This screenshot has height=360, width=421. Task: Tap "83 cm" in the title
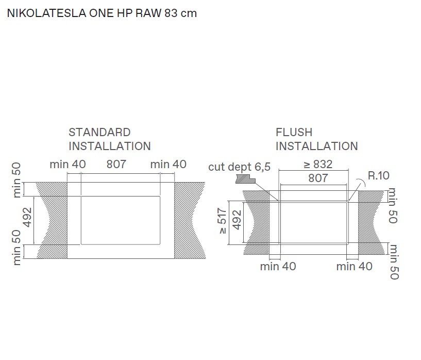[x=180, y=13]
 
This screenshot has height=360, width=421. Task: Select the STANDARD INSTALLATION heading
[x=109, y=139]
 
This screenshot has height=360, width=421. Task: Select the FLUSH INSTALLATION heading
[x=316, y=139]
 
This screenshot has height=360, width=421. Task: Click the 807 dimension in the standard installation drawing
[x=116, y=165]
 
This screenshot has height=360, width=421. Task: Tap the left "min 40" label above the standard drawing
[x=68, y=165]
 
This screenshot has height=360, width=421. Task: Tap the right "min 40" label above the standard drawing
[x=168, y=165]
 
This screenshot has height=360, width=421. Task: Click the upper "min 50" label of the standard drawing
[x=16, y=180]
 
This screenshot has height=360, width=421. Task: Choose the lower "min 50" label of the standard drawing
[x=16, y=247]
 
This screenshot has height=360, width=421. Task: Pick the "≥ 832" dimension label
[x=317, y=165]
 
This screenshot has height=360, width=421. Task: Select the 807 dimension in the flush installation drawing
[x=317, y=178]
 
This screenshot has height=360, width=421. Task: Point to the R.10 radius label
[x=378, y=175]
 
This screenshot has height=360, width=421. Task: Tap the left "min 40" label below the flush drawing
[x=278, y=266]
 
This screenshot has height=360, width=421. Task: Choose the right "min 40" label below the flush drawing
[x=354, y=266]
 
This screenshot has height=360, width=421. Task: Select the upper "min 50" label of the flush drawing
[x=393, y=205]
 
